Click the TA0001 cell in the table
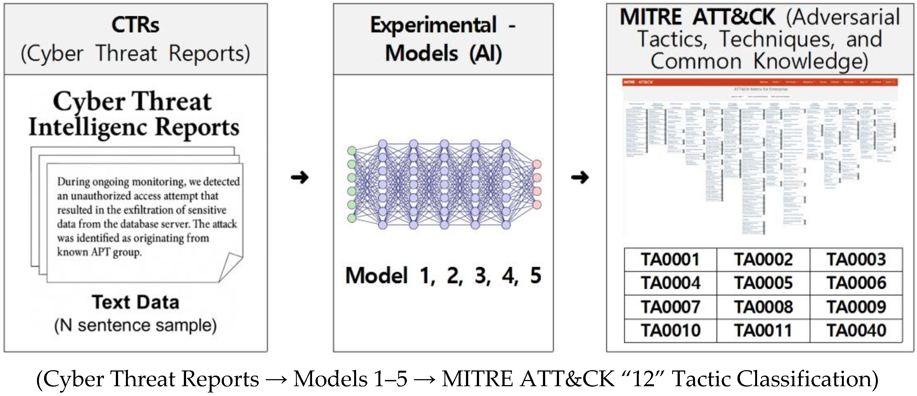point(670,259)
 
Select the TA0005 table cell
point(763,283)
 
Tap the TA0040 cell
point(856,330)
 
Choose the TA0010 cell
point(670,330)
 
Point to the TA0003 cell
point(856,259)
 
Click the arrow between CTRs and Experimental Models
point(300,177)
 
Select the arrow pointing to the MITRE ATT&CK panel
point(579,177)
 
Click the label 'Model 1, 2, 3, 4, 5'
point(443,276)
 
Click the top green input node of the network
point(352,151)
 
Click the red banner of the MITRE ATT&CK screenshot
point(760,82)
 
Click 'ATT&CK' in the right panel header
point(734,17)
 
